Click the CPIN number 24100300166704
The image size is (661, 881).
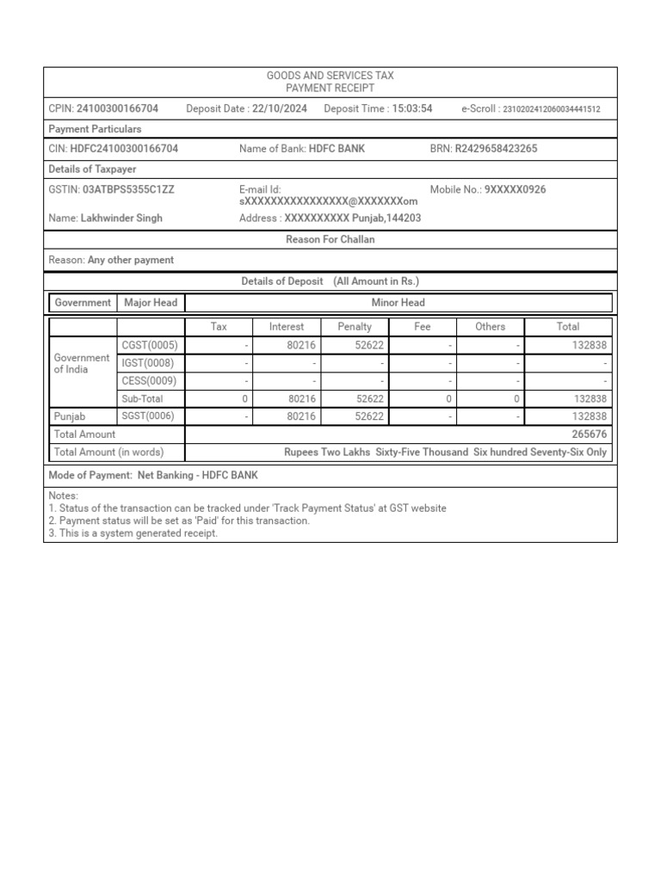pyautogui.click(x=117, y=108)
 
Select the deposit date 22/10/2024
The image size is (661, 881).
pyautogui.click(x=280, y=108)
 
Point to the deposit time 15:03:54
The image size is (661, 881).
pyautogui.click(x=412, y=108)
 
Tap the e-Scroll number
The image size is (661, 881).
pyautogui.click(x=551, y=109)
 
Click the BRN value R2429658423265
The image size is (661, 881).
pyautogui.click(x=496, y=149)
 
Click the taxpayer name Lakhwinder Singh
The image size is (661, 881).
pyautogui.click(x=121, y=219)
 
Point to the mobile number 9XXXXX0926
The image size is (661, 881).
pyautogui.click(x=515, y=189)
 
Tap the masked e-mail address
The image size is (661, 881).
pyautogui.click(x=329, y=201)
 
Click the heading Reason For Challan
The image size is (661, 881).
pyautogui.click(x=330, y=240)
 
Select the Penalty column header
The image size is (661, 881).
pyautogui.click(x=355, y=327)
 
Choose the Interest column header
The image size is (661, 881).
pyautogui.click(x=287, y=327)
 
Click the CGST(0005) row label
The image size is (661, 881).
pyautogui.click(x=150, y=345)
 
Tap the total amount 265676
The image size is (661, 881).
pyautogui.click(x=589, y=434)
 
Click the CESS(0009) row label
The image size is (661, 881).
pyautogui.click(x=150, y=381)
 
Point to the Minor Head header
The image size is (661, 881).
pyautogui.click(x=398, y=303)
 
